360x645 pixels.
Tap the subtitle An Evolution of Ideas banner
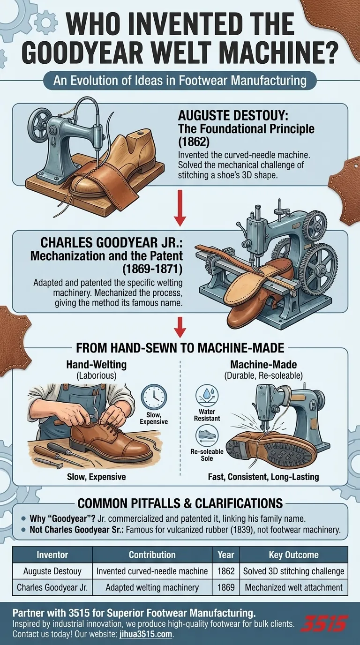180,81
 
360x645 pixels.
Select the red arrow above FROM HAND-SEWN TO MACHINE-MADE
180,327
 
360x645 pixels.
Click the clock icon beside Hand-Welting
154,396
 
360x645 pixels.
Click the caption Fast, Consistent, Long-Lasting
263,477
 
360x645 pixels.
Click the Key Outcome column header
293,555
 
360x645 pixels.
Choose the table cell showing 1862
226,571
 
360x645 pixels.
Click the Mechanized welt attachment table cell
293,587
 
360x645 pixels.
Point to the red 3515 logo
323,624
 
